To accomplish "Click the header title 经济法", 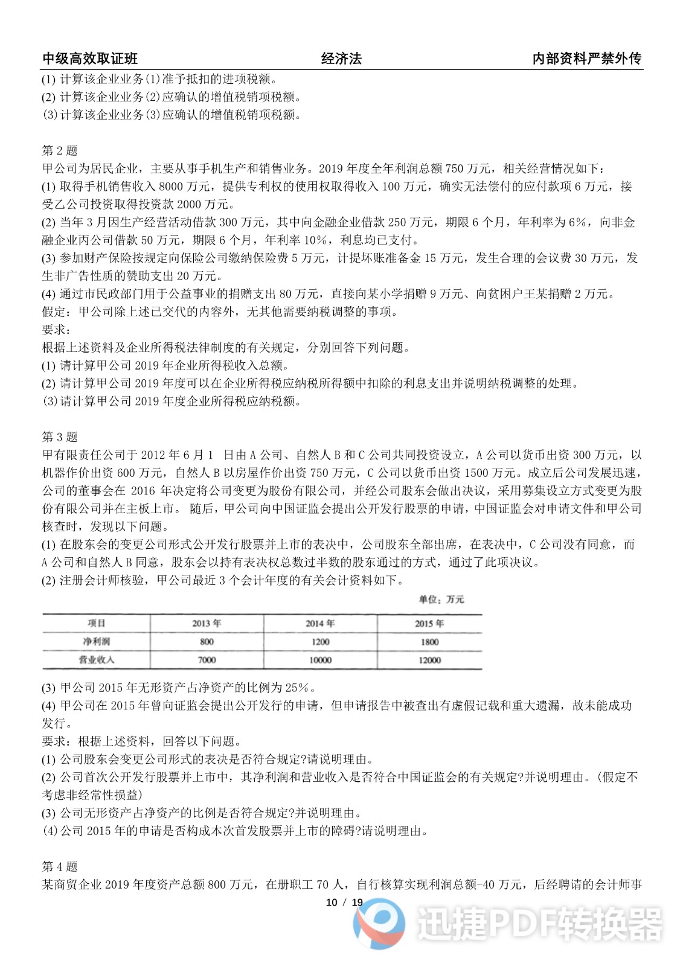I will pyautogui.click(x=341, y=59).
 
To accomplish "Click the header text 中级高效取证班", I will pyautogui.click(x=90, y=59).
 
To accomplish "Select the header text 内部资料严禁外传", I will pyautogui.click(x=586, y=59).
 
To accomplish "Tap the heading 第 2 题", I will pyautogui.click(x=60, y=150).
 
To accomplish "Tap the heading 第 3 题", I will pyautogui.click(x=60, y=437).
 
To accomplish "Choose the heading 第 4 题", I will pyautogui.click(x=60, y=866).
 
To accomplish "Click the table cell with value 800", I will pyautogui.click(x=207, y=642).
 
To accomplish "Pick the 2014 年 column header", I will pyautogui.click(x=320, y=624).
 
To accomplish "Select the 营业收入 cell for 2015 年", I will pyautogui.click(x=429, y=660).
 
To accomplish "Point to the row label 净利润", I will pyautogui.click(x=96, y=642).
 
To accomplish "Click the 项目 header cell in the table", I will pyautogui.click(x=96, y=624).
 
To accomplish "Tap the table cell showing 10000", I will pyautogui.click(x=320, y=660).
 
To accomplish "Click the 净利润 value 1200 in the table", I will pyautogui.click(x=320, y=642).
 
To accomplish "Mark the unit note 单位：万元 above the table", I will pyautogui.click(x=441, y=600).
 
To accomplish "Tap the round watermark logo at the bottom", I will pyautogui.click(x=379, y=923).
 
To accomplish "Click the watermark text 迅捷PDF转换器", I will pyautogui.click(x=539, y=924).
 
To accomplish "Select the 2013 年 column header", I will pyautogui.click(x=207, y=624).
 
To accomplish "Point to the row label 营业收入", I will pyautogui.click(x=96, y=660).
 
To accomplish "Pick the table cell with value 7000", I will pyautogui.click(x=207, y=660).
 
